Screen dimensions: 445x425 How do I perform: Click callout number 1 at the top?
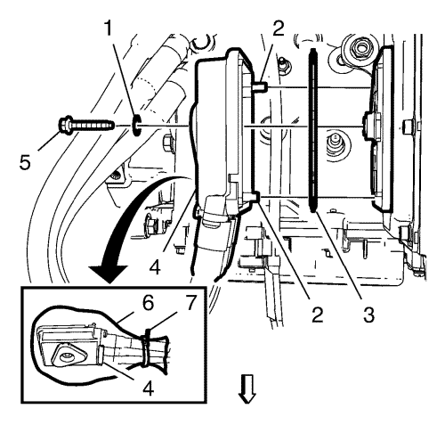(109, 29)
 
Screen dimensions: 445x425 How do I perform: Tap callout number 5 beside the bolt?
(25, 162)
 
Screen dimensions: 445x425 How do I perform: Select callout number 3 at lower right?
(368, 315)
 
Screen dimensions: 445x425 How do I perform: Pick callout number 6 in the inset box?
(147, 303)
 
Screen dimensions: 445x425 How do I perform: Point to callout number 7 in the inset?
(190, 303)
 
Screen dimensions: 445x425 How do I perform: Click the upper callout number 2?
(279, 29)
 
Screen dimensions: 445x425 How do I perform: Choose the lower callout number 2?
(317, 315)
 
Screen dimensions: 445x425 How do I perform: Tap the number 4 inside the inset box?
(148, 388)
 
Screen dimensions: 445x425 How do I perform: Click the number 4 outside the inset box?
(155, 266)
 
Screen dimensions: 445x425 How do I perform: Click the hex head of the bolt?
(65, 125)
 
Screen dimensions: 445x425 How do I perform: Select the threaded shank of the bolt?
(93, 126)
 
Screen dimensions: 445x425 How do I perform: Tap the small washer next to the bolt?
(136, 126)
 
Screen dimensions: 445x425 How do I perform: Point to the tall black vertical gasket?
(313, 131)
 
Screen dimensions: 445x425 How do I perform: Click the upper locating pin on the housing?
(261, 86)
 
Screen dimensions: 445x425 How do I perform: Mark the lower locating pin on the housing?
(255, 197)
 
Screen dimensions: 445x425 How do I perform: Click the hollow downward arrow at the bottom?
(247, 388)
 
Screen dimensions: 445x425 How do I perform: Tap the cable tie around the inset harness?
(146, 348)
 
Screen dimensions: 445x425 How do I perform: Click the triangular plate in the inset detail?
(66, 355)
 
